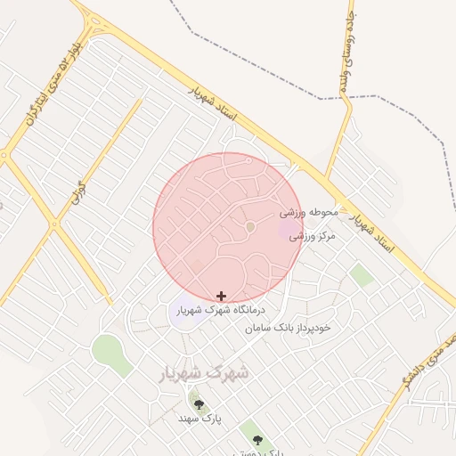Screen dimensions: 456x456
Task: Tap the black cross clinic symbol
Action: click(x=221, y=296)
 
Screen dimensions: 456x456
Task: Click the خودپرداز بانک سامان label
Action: click(x=289, y=328)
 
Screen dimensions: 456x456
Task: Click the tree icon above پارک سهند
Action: click(x=199, y=404)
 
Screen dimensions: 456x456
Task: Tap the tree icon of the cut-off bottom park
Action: click(x=257, y=440)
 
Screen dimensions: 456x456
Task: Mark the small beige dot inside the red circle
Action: click(x=250, y=227)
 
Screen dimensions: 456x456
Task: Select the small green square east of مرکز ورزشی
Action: click(x=362, y=275)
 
